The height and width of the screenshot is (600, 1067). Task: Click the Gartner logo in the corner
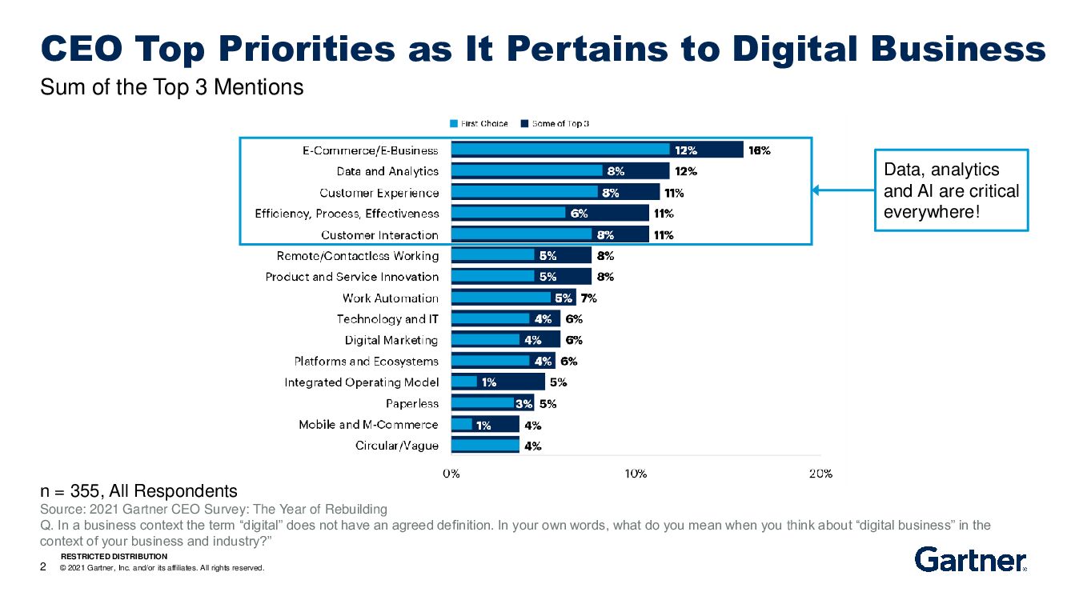point(970,560)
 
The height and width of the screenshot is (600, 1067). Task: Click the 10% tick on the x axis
point(636,473)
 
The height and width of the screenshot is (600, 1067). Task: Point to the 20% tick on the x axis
point(820,473)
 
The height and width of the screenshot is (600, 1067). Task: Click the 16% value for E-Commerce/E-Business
point(759,150)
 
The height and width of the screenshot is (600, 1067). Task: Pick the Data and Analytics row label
point(387,171)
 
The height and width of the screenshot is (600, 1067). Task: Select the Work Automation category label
point(391,298)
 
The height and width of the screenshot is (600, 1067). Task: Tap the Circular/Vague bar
point(485,446)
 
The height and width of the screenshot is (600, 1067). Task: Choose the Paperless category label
point(412,404)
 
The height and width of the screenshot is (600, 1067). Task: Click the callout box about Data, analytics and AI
point(951,190)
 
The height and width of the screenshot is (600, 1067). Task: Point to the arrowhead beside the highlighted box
point(816,190)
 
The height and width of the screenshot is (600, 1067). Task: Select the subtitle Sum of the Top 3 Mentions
point(172,87)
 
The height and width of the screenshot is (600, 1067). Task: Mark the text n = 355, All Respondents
point(138,490)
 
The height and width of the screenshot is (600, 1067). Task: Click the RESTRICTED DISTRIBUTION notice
point(114,556)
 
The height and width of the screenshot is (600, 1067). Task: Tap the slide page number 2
point(43,567)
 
